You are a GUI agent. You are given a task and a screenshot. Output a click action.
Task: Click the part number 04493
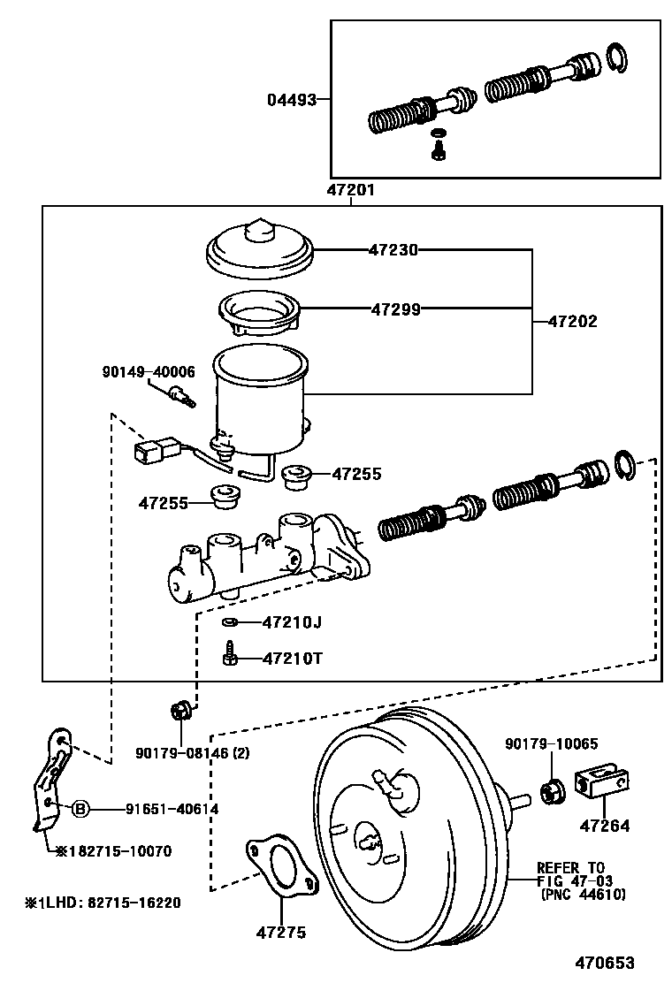tap(292, 100)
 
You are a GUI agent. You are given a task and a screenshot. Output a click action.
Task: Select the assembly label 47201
tap(351, 190)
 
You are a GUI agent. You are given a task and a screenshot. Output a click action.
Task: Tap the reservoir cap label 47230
tap(393, 250)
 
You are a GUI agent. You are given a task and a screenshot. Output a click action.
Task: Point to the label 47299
tap(395, 309)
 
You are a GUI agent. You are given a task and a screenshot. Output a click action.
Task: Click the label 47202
tap(573, 322)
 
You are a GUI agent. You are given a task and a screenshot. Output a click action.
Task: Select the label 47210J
tap(292, 622)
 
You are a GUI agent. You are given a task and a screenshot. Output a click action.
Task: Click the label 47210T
tap(292, 659)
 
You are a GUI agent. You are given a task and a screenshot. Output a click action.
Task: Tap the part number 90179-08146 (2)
tap(194, 752)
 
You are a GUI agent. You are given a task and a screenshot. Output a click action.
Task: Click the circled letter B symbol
tap(80, 808)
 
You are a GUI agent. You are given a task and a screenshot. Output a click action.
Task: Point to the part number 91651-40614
tap(172, 808)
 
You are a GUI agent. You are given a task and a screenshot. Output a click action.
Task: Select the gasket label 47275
tap(281, 933)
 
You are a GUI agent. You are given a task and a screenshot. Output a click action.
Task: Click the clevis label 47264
tap(605, 827)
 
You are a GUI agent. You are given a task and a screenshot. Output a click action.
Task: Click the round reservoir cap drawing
tap(260, 248)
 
